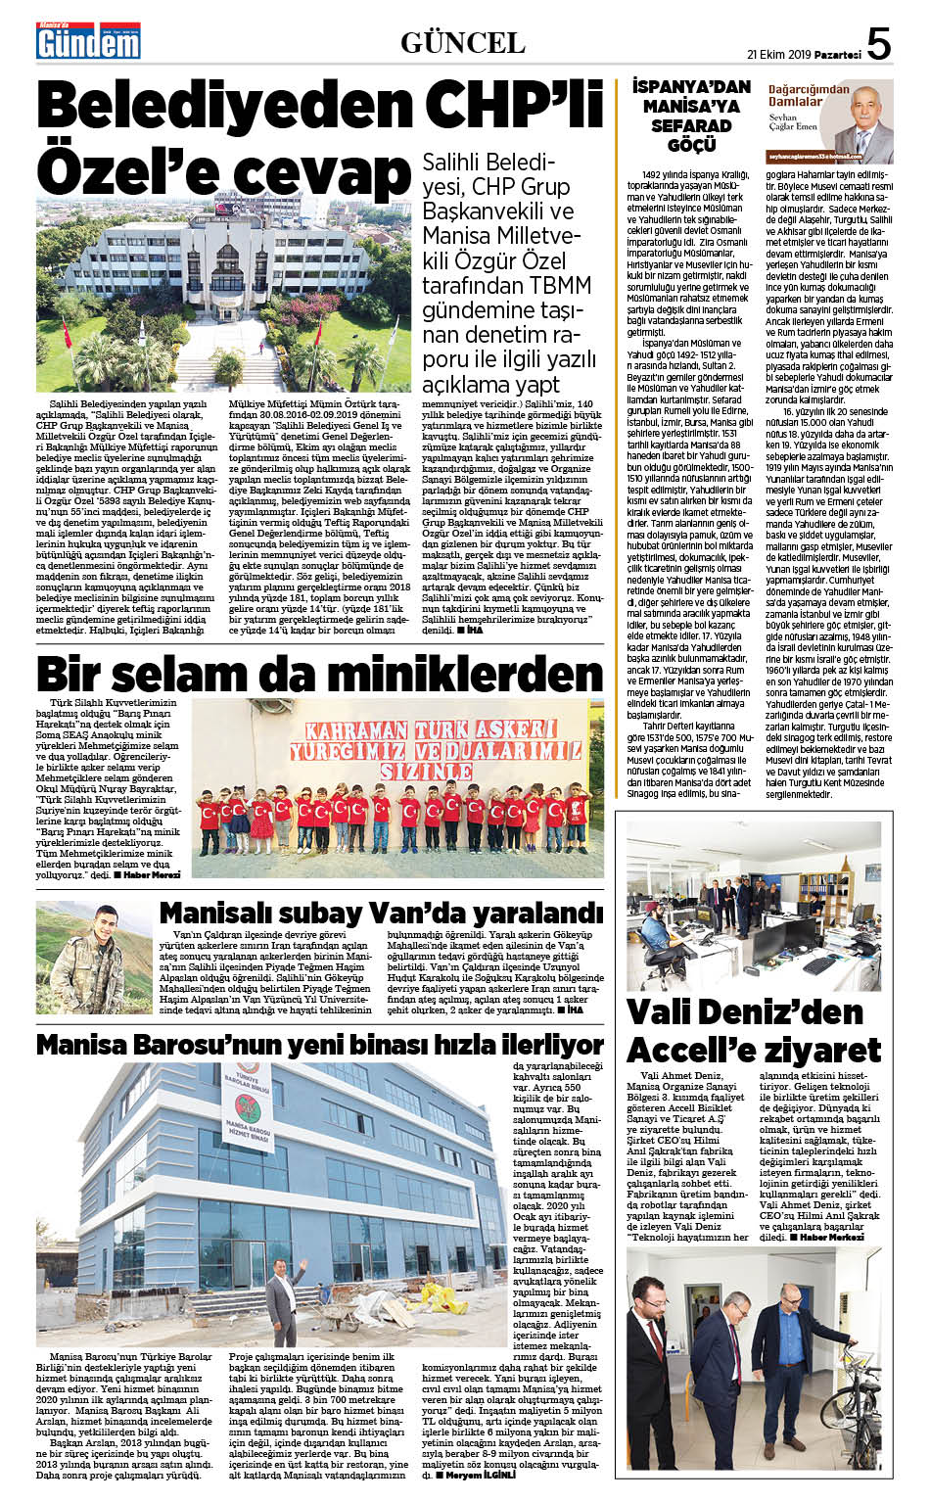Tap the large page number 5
point(878,44)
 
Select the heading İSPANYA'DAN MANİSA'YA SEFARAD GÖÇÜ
point(691,116)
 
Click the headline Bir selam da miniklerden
point(319,675)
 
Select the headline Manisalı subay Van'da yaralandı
point(381,913)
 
